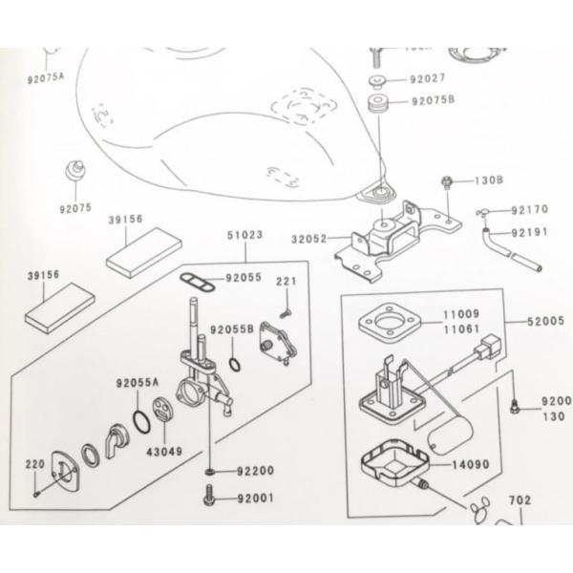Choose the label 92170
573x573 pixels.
pyautogui.click(x=529, y=209)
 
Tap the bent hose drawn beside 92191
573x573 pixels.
pyautogui.click(x=506, y=245)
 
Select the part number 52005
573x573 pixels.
pyautogui.click(x=545, y=323)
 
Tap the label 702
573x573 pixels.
pyautogui.click(x=519, y=499)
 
